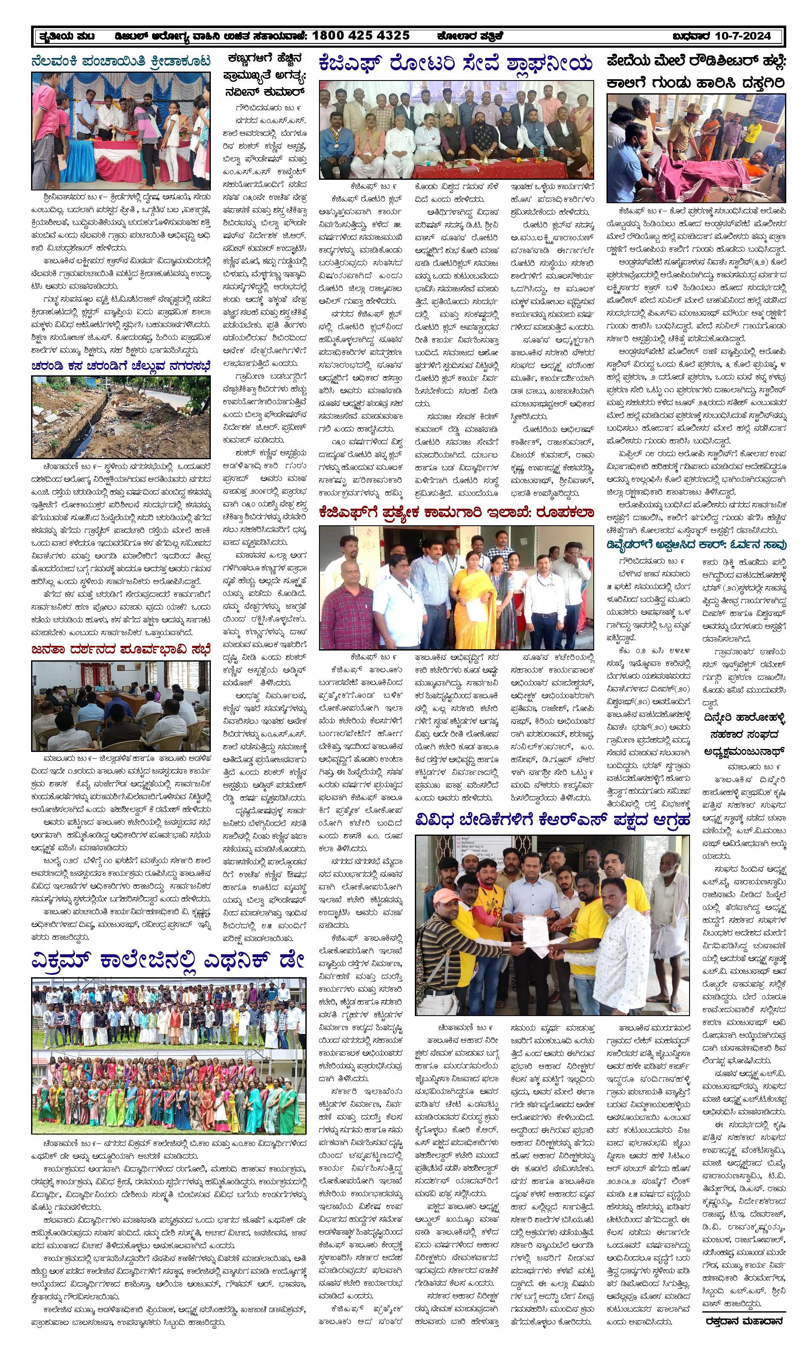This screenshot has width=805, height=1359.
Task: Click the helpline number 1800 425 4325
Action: coord(361,36)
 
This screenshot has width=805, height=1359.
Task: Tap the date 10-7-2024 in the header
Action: coord(743,36)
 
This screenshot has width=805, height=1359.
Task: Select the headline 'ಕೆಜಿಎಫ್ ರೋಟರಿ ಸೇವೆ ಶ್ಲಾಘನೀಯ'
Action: coord(456,64)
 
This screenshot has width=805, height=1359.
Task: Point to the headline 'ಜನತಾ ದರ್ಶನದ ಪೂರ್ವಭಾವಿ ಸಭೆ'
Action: coord(121,649)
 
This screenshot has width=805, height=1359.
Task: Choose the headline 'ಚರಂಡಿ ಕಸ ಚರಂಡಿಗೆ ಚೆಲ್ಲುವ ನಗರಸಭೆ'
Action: coord(121,366)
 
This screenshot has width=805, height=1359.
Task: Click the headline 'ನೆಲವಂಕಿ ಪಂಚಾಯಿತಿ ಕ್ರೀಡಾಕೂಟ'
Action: coord(121,61)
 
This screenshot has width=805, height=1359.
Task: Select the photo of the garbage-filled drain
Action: coord(121,416)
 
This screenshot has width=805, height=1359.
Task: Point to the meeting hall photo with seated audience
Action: coord(121,705)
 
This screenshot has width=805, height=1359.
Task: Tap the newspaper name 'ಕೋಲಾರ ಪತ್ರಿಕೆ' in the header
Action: coord(470,36)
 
